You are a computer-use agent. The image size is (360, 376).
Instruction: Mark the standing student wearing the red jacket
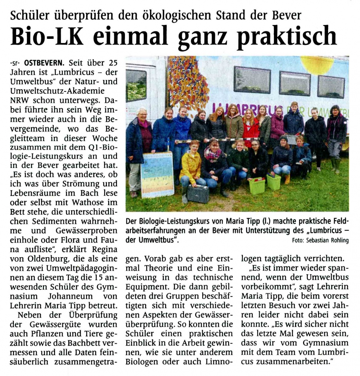coord(250,129)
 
